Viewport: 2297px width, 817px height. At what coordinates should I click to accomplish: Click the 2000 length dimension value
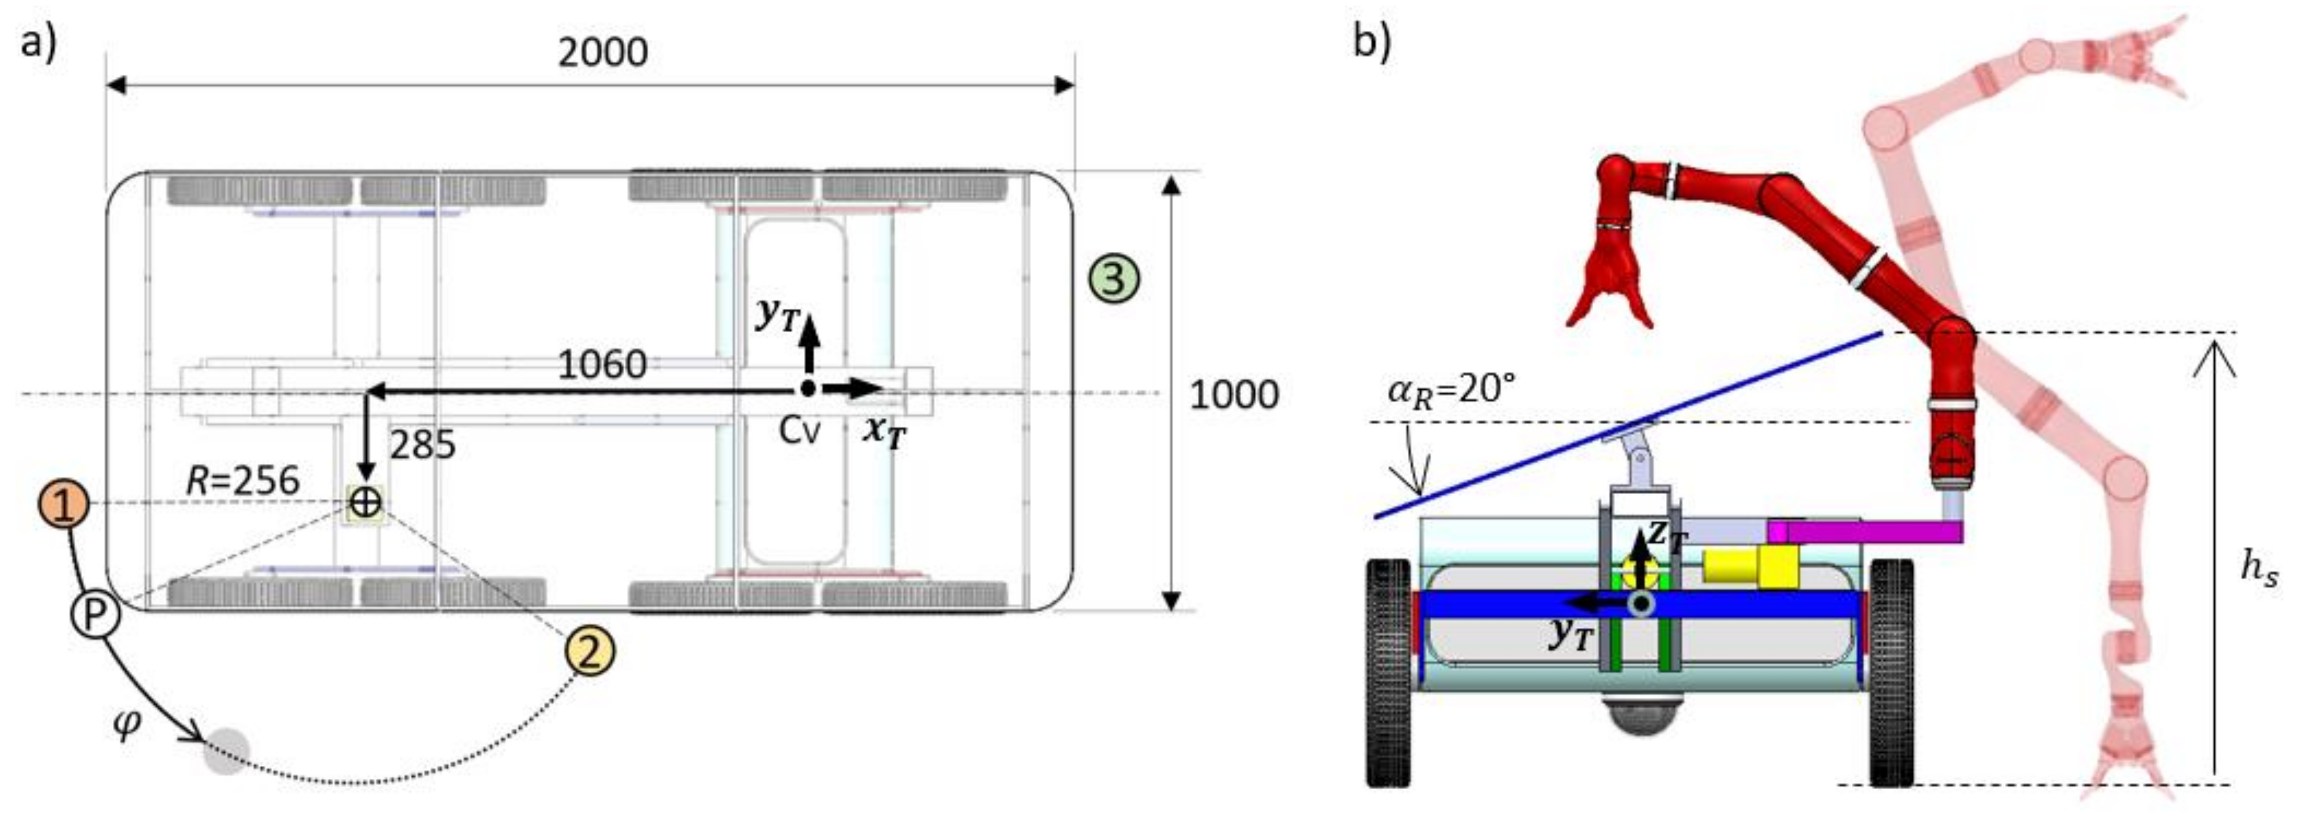(603, 54)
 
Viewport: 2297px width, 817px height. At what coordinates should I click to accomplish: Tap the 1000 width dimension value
(1234, 393)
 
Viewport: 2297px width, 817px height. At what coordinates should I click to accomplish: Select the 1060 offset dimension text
(602, 364)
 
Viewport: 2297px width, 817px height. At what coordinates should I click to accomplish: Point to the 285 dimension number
(423, 444)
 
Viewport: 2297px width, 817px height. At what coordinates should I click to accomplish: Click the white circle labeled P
(94, 614)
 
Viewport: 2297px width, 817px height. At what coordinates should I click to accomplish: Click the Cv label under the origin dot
(799, 432)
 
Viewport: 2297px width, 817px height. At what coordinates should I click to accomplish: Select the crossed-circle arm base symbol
(366, 502)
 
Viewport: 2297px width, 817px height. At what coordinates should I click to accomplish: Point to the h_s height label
(2259, 569)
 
